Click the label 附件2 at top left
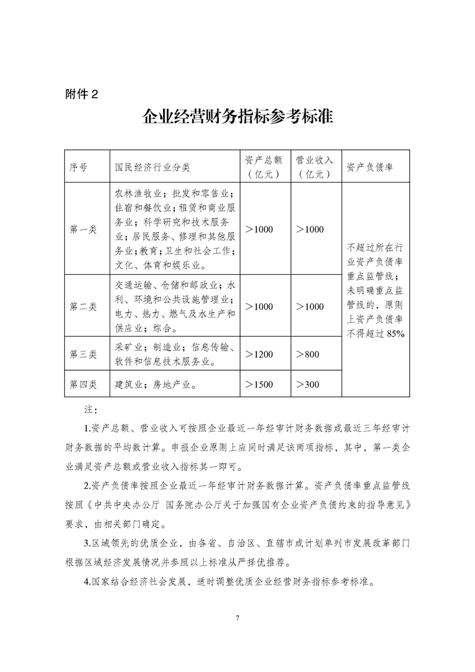(80, 93)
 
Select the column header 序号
(78, 167)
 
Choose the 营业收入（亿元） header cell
(314, 167)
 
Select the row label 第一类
(83, 229)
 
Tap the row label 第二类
(83, 306)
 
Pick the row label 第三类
(83, 354)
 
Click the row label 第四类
(83, 384)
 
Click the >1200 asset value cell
(259, 354)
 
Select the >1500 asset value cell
(259, 384)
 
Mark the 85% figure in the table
(395, 334)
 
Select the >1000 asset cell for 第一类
(259, 229)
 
